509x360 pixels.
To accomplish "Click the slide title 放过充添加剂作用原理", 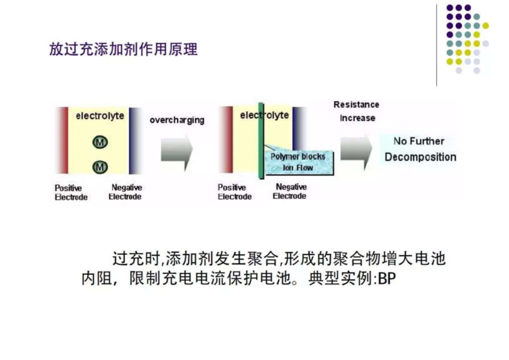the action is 123,49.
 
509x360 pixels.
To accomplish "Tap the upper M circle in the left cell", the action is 100,142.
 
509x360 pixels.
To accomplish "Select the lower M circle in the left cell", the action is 100,167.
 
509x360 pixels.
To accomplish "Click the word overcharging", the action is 177,120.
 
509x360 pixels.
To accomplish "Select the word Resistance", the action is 356,105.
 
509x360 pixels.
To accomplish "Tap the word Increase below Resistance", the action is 357,118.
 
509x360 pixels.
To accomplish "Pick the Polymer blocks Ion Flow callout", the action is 299,162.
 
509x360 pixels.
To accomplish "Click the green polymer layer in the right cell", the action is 261,140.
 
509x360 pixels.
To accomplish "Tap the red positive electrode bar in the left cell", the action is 63,140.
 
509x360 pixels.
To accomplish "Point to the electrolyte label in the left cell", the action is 100,116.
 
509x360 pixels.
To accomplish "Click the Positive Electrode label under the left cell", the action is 71,193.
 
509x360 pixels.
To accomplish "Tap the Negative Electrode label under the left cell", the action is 125,192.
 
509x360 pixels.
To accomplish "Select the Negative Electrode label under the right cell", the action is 290,191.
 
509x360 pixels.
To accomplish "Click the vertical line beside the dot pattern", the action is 436,45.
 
